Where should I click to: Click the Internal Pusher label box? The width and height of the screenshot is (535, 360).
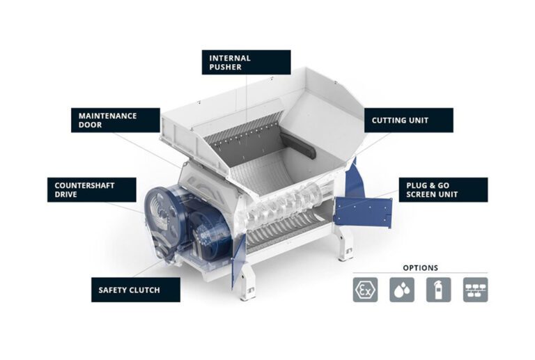pyautogui.click(x=247, y=63)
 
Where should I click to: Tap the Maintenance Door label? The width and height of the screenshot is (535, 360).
pyautogui.click(x=116, y=120)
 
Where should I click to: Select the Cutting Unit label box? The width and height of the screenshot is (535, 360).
pyautogui.click(x=409, y=120)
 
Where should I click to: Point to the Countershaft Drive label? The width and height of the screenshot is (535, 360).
pyautogui.click(x=92, y=190)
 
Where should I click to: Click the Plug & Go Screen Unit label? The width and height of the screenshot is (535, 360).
pyautogui.click(x=443, y=190)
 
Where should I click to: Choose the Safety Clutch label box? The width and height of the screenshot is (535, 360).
pyautogui.click(x=136, y=290)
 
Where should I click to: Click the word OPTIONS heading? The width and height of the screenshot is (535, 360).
pyautogui.click(x=420, y=268)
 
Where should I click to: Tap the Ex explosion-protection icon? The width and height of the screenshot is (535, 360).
pyautogui.click(x=366, y=290)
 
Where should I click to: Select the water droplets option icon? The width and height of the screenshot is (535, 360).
pyautogui.click(x=402, y=290)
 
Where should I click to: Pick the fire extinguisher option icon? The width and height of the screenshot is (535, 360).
pyautogui.click(x=438, y=290)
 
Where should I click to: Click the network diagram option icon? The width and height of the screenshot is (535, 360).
pyautogui.click(x=475, y=290)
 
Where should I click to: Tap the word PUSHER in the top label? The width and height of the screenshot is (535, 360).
pyautogui.click(x=226, y=67)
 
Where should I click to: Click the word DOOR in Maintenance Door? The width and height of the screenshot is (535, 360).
pyautogui.click(x=90, y=125)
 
